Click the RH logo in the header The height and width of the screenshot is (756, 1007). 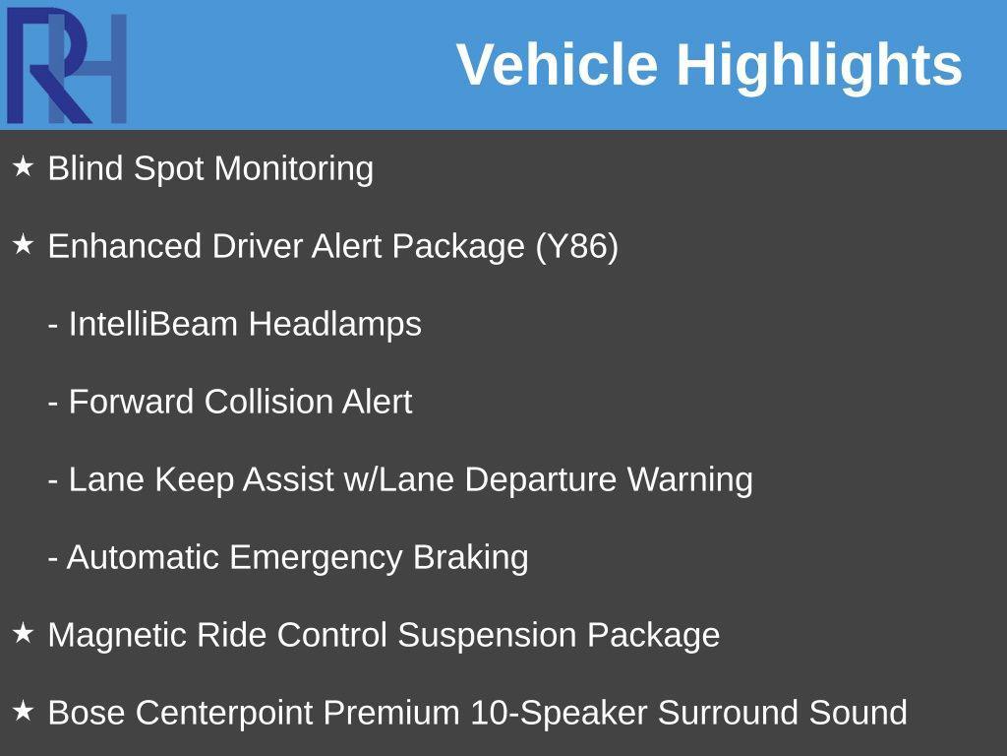(x=67, y=65)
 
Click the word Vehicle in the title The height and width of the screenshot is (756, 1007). (x=557, y=65)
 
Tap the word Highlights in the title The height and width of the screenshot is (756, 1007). (x=819, y=65)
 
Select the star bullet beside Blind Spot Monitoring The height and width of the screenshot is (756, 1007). (x=24, y=167)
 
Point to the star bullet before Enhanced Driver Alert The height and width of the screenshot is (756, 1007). (x=24, y=245)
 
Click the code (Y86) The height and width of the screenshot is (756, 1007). (x=577, y=246)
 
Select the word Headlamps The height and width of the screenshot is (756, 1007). (x=334, y=324)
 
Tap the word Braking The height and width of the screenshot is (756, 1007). (x=470, y=557)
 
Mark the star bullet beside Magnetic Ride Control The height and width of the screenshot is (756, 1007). (x=24, y=634)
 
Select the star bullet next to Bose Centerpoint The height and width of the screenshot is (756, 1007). (x=24, y=712)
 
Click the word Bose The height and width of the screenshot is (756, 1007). (x=87, y=712)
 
